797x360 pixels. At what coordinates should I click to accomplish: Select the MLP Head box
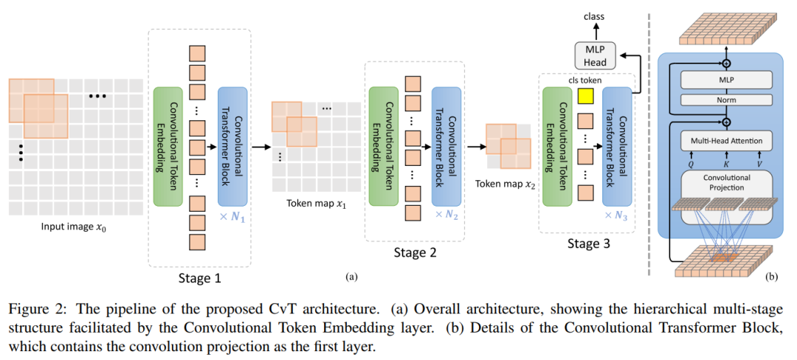pyautogui.click(x=594, y=55)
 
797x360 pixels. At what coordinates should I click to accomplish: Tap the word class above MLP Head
pyautogui.click(x=594, y=17)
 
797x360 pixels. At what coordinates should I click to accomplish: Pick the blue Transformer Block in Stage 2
pyautogui.click(x=446, y=147)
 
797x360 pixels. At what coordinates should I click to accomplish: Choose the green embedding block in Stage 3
pyautogui.click(x=558, y=147)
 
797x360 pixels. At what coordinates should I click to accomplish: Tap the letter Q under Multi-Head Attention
pyautogui.click(x=690, y=164)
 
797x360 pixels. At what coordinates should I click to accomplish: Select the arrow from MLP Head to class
pyautogui.click(x=594, y=33)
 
